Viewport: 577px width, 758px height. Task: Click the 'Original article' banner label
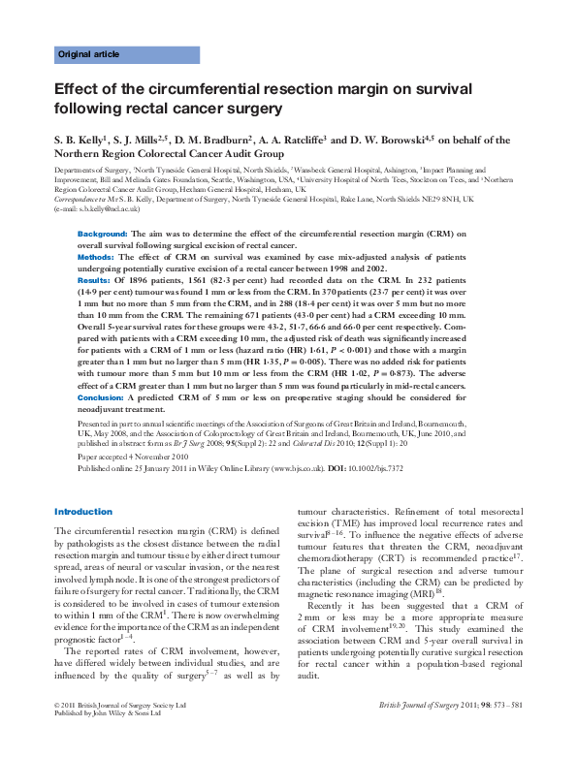click(86, 54)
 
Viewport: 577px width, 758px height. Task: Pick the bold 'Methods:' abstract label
click(97, 257)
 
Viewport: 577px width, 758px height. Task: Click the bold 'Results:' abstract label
click(95, 279)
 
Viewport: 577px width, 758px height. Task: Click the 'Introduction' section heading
click(83, 512)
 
